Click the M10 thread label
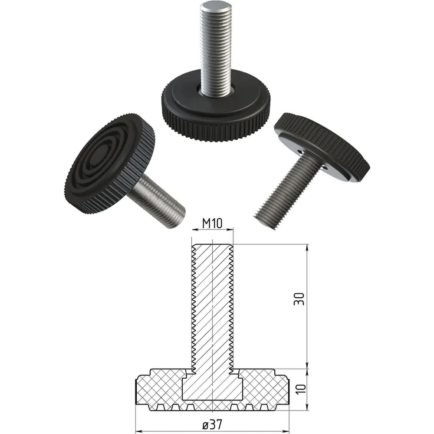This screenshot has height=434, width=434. click(212, 223)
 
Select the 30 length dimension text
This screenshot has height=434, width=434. click(299, 299)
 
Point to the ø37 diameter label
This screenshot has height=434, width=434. click(212, 424)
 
